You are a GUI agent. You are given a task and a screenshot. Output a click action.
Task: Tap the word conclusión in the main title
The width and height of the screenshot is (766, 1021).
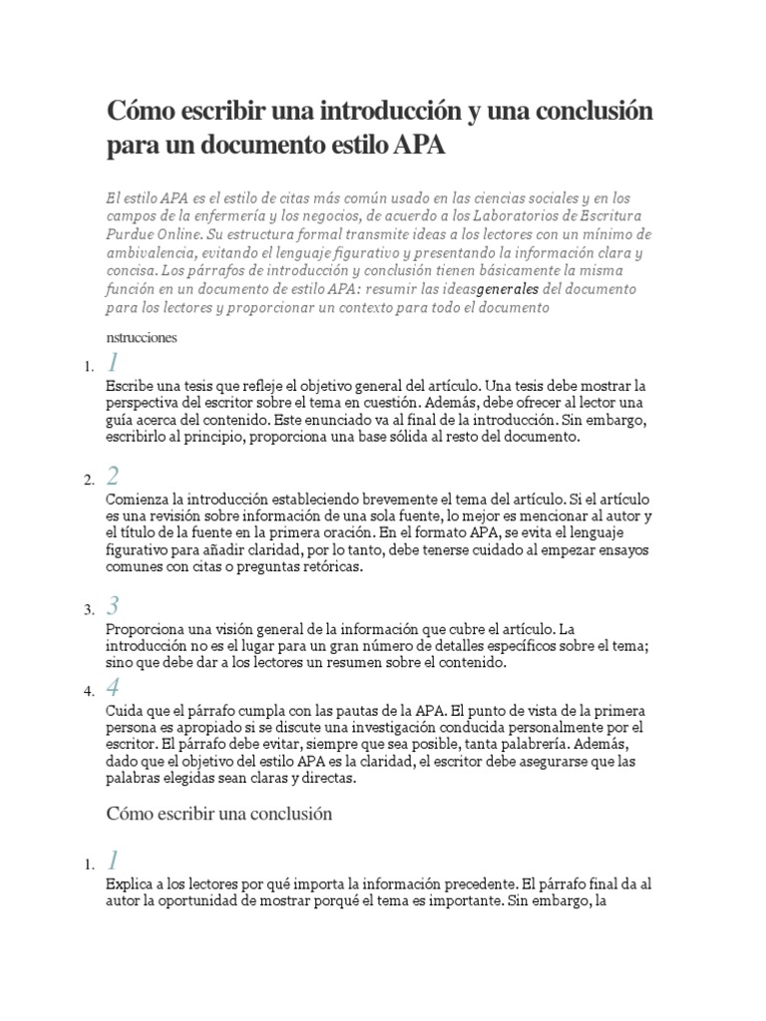click(x=588, y=111)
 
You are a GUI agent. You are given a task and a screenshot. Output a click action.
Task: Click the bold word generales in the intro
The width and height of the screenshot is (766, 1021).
click(x=508, y=289)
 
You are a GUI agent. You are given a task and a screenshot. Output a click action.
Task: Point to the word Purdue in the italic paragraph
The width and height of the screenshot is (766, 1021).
click(x=135, y=234)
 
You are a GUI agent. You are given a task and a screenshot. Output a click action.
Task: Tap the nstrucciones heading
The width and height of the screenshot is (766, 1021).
click(x=141, y=337)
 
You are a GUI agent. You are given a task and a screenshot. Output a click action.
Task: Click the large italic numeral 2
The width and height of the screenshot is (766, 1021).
click(x=113, y=475)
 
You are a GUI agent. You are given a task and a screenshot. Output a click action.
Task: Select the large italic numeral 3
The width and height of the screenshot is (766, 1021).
click(x=113, y=604)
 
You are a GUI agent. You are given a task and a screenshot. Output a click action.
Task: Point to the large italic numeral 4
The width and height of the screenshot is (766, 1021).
click(x=113, y=687)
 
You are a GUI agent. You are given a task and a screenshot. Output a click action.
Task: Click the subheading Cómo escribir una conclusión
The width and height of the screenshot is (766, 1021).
click(x=217, y=814)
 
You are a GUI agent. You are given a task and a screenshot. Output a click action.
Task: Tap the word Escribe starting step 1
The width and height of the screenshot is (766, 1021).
click(x=130, y=385)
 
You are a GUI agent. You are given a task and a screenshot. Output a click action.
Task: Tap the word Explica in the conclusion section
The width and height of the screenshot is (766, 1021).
click(x=130, y=883)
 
